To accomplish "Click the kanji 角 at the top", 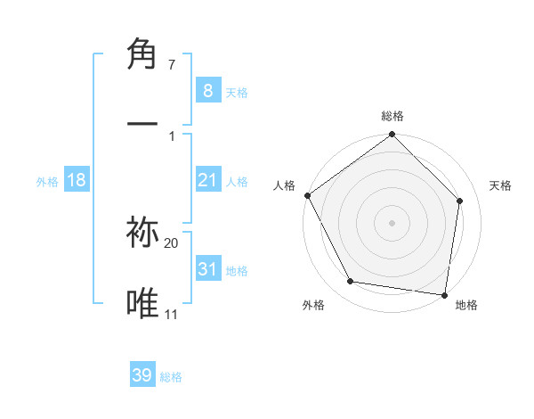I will pyautogui.click(x=143, y=54).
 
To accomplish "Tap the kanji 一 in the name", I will pyautogui.click(x=143, y=122).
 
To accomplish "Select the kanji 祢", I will pyautogui.click(x=143, y=234).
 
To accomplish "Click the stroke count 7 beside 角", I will pyautogui.click(x=172, y=65).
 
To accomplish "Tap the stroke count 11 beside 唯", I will pyautogui.click(x=172, y=314).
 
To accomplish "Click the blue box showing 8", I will pyautogui.click(x=207, y=90).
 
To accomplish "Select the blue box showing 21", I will pyautogui.click(x=207, y=180).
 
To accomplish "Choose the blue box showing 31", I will pyautogui.click(x=207, y=268).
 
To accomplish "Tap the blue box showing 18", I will pyautogui.click(x=77, y=180).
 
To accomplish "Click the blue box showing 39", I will pyautogui.click(x=142, y=375).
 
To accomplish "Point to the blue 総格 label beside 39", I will pyautogui.click(x=172, y=377).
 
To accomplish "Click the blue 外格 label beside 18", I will pyautogui.click(x=47, y=181).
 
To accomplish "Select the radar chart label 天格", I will pyautogui.click(x=501, y=185).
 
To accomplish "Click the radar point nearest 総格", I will pyautogui.click(x=392, y=136).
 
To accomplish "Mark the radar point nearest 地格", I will pyautogui.click(x=444, y=294).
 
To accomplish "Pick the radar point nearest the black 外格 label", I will pyautogui.click(x=351, y=282).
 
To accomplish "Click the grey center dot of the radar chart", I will pyautogui.click(x=392, y=222).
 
